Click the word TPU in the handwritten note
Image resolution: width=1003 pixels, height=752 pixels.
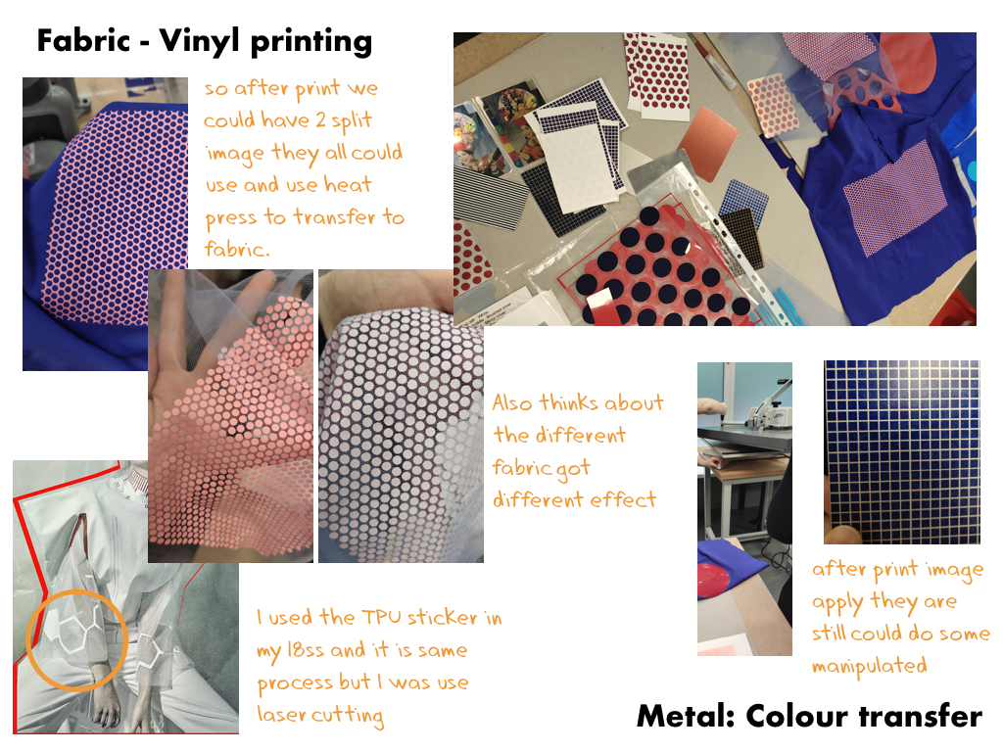[381, 618]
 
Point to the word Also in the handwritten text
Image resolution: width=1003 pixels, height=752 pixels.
[512, 402]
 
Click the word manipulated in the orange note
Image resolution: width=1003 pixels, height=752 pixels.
[870, 666]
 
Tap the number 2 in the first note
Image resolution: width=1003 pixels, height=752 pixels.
[320, 119]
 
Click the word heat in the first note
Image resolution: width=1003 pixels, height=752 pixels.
[348, 184]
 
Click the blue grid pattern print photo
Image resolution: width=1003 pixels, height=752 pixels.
[902, 452]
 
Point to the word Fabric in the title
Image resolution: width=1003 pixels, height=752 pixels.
[84, 41]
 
